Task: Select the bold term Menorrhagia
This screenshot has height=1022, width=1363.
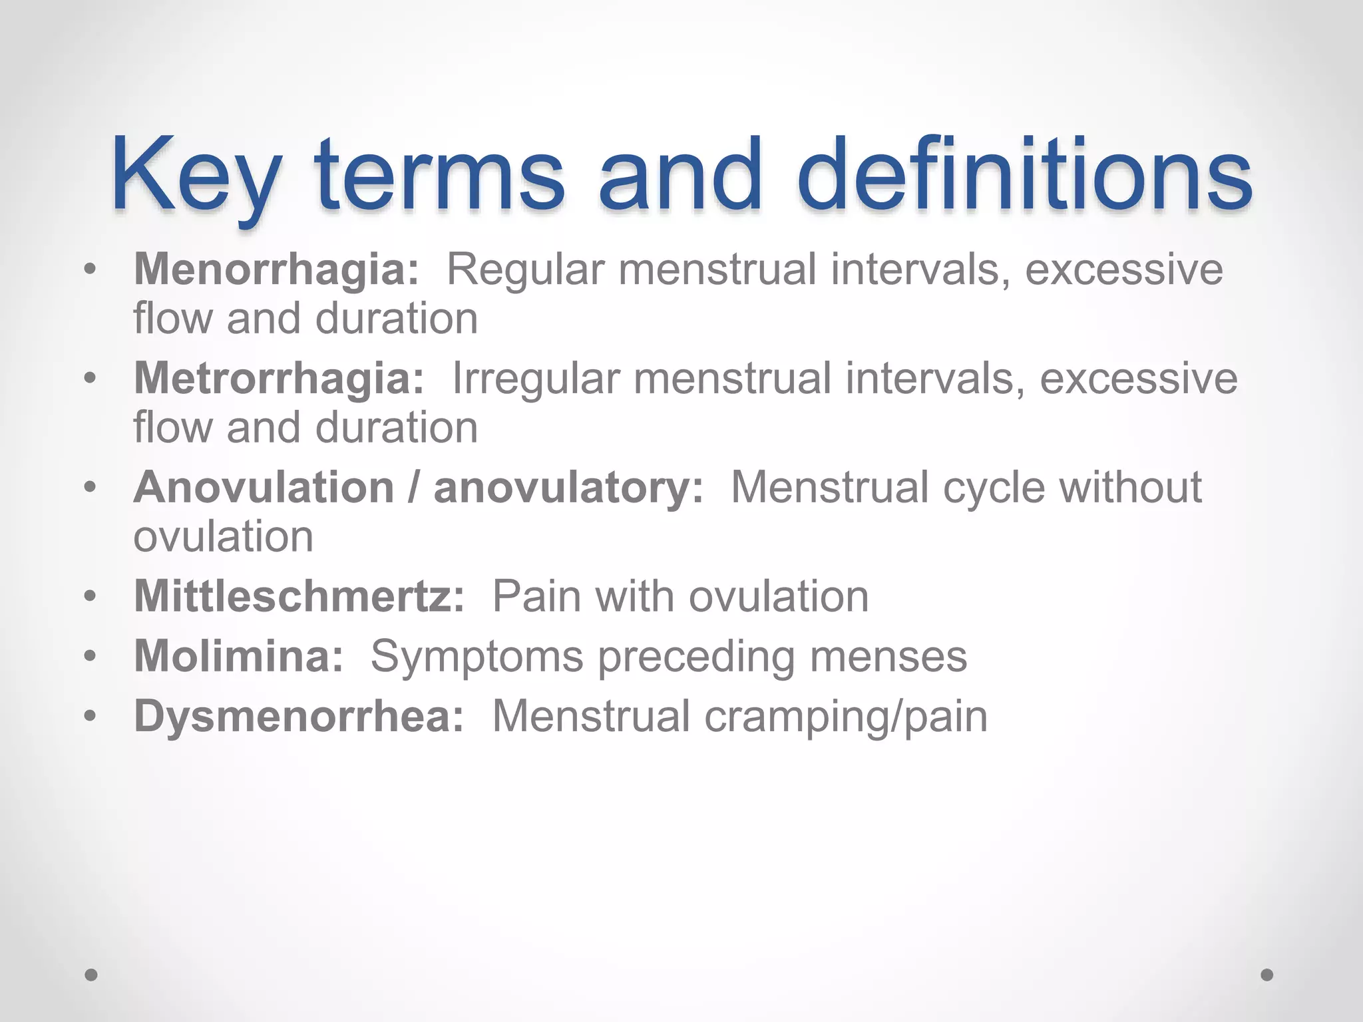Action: point(276,269)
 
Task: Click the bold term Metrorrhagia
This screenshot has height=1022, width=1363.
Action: point(279,378)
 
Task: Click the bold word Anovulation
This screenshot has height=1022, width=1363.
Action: point(264,487)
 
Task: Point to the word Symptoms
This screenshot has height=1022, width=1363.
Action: point(477,656)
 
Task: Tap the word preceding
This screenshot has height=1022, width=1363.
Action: point(696,656)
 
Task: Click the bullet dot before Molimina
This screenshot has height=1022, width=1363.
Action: point(91,656)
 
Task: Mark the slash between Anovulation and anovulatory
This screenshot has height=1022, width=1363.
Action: point(414,487)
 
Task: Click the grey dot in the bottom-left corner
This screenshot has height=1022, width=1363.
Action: point(92,975)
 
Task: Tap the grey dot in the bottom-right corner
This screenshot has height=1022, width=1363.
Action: point(1267,975)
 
